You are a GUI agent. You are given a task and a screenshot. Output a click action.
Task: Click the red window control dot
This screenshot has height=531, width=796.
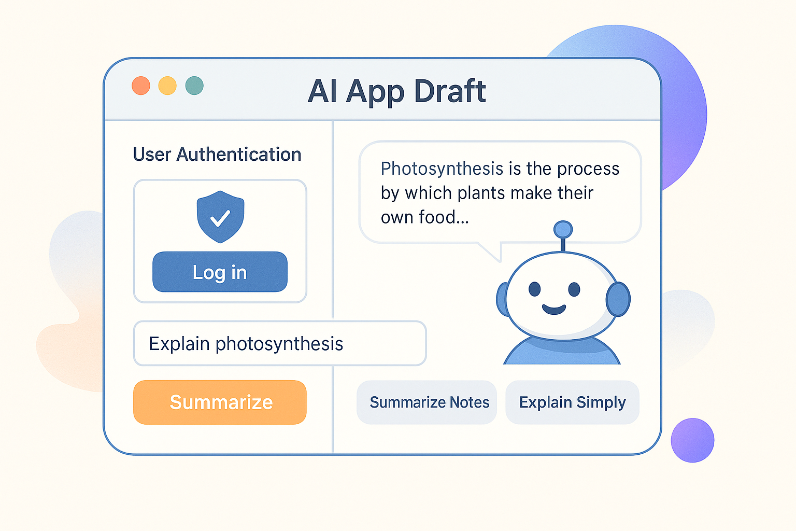click(141, 86)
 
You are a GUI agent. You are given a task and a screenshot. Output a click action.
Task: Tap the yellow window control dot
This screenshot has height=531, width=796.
click(167, 86)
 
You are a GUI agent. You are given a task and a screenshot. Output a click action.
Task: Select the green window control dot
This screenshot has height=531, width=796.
click(194, 86)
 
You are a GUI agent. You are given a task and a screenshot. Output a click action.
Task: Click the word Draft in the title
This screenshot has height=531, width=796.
click(450, 91)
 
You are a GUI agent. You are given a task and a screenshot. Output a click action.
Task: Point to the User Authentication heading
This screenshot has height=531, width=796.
click(217, 155)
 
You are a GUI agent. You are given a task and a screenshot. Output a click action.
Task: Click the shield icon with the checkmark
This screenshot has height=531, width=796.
click(220, 217)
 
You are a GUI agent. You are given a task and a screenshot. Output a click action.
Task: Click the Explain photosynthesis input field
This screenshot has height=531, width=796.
click(280, 343)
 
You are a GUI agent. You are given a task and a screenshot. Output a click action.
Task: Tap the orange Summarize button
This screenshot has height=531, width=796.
click(220, 402)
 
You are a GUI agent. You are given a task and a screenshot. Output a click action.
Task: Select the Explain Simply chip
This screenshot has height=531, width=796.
click(572, 402)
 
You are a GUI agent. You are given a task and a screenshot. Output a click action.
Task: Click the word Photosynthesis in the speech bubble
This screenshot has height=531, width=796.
click(442, 169)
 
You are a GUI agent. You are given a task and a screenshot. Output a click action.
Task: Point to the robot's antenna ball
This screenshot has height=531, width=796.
click(563, 229)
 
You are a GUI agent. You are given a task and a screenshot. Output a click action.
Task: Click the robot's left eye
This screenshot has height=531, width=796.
click(535, 289)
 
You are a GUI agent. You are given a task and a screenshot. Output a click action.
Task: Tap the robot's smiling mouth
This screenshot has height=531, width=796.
click(554, 310)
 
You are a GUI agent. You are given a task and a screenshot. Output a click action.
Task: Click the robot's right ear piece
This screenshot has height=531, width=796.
click(618, 299)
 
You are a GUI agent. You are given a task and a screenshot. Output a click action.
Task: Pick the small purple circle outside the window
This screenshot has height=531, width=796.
click(692, 440)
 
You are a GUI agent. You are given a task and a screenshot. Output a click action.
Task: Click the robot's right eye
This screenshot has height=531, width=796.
click(574, 289)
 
